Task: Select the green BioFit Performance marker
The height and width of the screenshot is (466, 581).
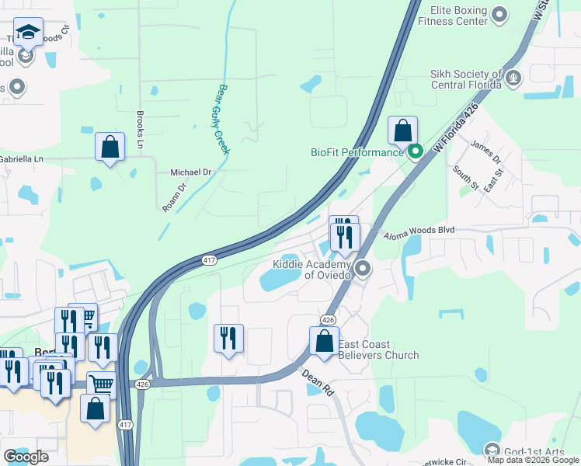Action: (x=416, y=151)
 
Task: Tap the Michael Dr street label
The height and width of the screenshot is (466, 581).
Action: (x=190, y=172)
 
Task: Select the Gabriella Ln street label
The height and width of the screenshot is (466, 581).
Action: (x=27, y=158)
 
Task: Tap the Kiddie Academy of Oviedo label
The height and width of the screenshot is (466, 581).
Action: (x=312, y=270)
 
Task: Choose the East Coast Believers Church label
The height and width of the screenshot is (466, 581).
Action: (x=380, y=349)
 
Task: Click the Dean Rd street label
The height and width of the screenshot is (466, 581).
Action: (x=319, y=382)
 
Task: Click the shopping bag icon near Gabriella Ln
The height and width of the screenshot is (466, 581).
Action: (x=110, y=145)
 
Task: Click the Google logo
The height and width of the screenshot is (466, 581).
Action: (x=26, y=457)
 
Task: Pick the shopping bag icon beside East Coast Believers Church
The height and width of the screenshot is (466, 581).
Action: (x=324, y=341)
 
